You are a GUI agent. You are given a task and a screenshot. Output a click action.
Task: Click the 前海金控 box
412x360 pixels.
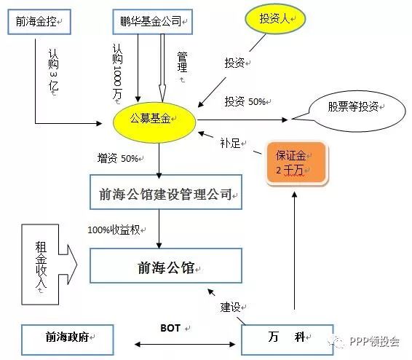pyautogui.click(x=39, y=22)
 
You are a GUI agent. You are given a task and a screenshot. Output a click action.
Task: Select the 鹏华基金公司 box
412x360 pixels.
pyautogui.click(x=152, y=22)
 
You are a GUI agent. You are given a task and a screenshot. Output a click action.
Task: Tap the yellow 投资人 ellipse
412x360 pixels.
pyautogui.click(x=275, y=19)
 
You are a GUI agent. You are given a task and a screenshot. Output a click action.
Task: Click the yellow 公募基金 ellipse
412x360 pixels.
pyautogui.click(x=154, y=122)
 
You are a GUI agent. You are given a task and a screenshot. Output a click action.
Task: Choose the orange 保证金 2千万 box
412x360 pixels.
pyautogui.click(x=296, y=163)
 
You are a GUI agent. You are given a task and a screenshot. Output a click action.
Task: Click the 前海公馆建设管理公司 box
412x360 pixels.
pyautogui.click(x=166, y=192)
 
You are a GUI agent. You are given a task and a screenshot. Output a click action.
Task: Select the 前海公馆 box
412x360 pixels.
pyautogui.click(x=166, y=265)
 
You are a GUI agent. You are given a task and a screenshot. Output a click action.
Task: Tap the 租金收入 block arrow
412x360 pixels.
pyautogui.click(x=49, y=265)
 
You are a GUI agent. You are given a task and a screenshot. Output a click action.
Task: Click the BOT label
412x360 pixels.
pyautogui.click(x=170, y=328)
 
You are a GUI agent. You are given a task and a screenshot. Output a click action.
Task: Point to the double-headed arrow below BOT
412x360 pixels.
pyautogui.click(x=185, y=344)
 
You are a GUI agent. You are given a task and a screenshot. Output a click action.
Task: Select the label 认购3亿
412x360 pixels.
pyautogui.click(x=53, y=70)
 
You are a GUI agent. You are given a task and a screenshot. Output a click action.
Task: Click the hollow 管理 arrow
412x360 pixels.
pyautogui.click(x=162, y=68)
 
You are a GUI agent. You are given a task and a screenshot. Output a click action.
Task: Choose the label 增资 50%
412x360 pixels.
pyautogui.click(x=118, y=158)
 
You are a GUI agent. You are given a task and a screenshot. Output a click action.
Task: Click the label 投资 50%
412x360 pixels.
pyautogui.click(x=245, y=101)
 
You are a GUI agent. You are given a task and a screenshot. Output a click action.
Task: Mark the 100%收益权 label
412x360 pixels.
pyautogui.click(x=114, y=230)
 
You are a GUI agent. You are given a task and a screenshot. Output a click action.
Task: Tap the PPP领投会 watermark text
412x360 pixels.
pyautogui.click(x=374, y=341)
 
